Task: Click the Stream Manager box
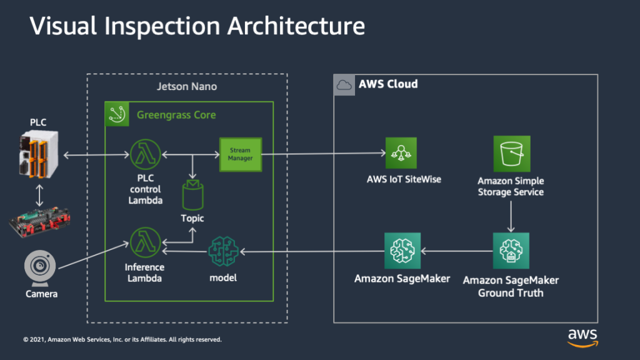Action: click(240, 154)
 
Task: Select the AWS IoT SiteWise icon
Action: click(401, 153)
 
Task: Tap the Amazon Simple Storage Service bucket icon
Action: click(511, 153)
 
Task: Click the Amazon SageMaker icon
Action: click(402, 251)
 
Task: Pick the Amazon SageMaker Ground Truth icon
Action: click(511, 251)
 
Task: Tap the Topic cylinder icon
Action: click(192, 194)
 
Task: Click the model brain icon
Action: click(223, 251)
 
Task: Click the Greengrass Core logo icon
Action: click(116, 114)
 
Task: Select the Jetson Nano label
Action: click(186, 86)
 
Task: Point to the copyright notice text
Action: click(122, 340)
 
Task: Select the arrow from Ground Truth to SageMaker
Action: click(456, 251)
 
